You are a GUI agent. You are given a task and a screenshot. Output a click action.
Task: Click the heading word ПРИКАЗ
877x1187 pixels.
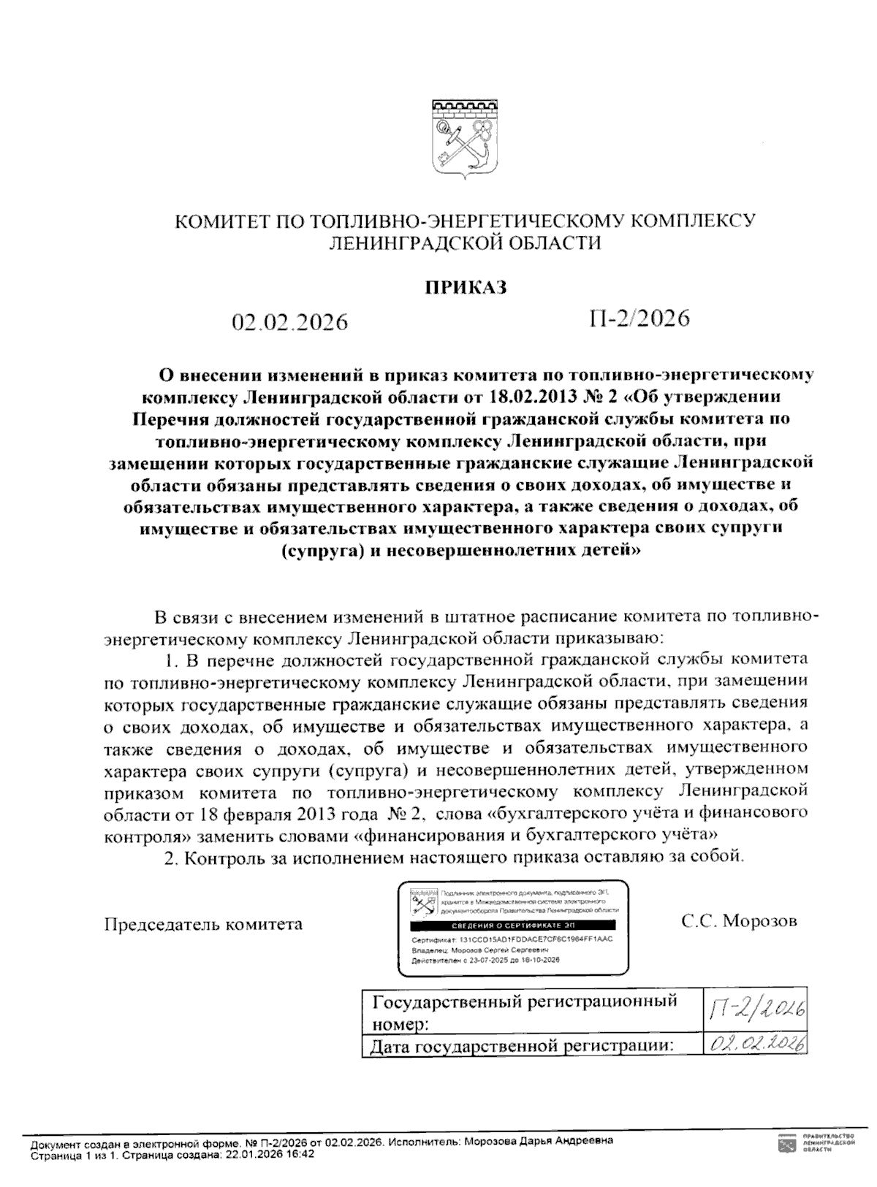tap(466, 287)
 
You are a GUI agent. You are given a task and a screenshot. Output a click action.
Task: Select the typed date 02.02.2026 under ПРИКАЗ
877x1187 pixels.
tap(289, 321)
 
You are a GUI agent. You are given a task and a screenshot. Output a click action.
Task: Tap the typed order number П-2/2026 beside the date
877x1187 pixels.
tap(639, 318)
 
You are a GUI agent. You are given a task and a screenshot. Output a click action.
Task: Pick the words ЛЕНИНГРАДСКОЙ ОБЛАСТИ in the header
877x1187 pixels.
tap(466, 243)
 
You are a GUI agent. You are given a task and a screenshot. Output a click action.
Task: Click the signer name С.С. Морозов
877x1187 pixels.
tap(739, 920)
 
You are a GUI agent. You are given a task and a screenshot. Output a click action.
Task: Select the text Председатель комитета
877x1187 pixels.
tap(203, 924)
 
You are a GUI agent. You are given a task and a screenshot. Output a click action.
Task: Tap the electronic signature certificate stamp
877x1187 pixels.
tap(512, 929)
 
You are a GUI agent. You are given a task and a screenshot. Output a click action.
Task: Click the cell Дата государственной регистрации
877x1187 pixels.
tap(521, 1046)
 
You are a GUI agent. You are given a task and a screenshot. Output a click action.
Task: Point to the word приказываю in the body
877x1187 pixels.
tap(610, 638)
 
